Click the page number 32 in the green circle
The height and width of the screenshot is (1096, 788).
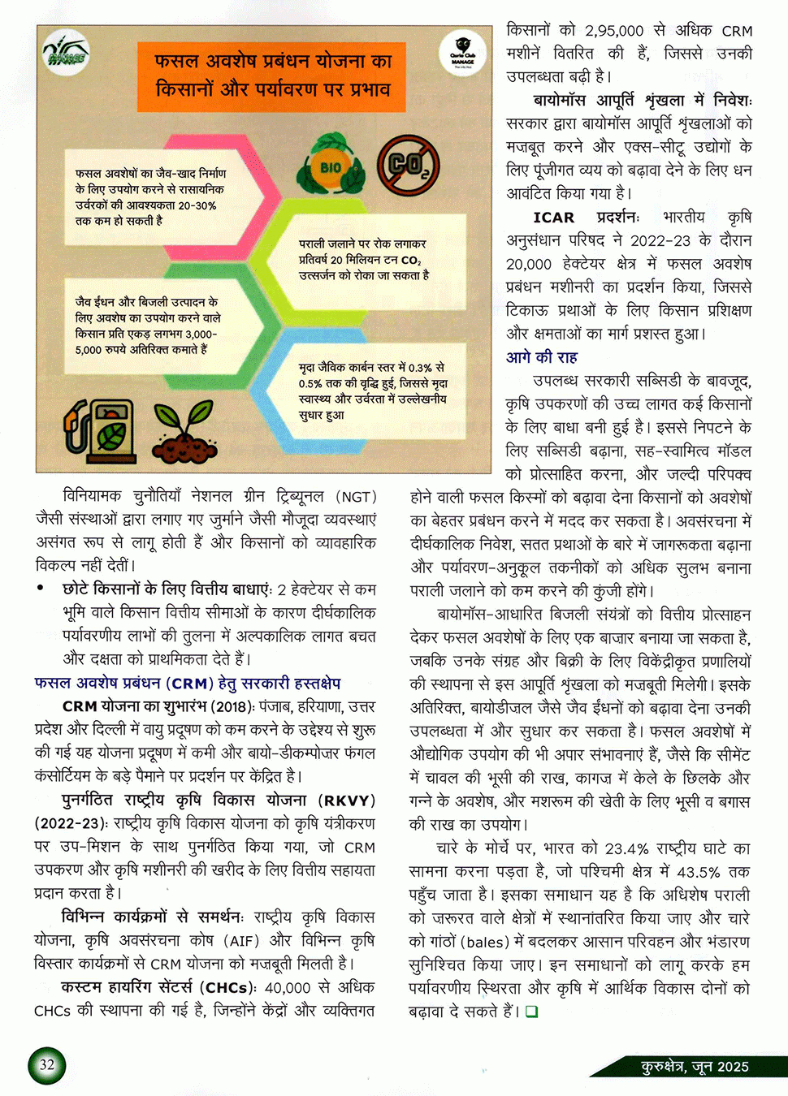point(47,1064)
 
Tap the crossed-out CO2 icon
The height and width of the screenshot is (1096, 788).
point(408,165)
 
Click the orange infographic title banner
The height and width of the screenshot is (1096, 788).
point(272,76)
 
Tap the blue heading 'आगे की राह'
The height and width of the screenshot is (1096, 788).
point(542,357)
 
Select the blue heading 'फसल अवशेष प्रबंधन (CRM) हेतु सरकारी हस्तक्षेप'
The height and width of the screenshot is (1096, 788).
point(188,683)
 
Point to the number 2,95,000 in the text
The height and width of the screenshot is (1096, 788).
point(614,31)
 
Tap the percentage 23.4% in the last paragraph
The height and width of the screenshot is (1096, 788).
point(626,848)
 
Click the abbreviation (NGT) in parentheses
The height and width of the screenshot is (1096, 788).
point(357,497)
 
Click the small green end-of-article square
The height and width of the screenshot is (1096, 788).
point(531,1012)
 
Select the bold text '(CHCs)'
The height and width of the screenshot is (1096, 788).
point(230,988)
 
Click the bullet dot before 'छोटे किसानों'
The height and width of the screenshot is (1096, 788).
point(41,589)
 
